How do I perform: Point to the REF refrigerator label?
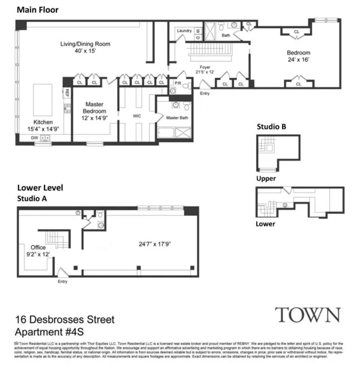tap(67, 93)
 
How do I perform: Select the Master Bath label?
tap(178, 117)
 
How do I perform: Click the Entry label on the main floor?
tap(205, 93)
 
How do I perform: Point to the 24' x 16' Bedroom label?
tap(298, 56)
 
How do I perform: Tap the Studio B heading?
tap(271, 127)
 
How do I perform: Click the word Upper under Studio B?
tap(266, 179)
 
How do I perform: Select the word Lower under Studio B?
tap(266, 224)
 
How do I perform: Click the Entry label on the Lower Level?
tap(62, 281)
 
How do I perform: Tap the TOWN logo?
tap(307, 315)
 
